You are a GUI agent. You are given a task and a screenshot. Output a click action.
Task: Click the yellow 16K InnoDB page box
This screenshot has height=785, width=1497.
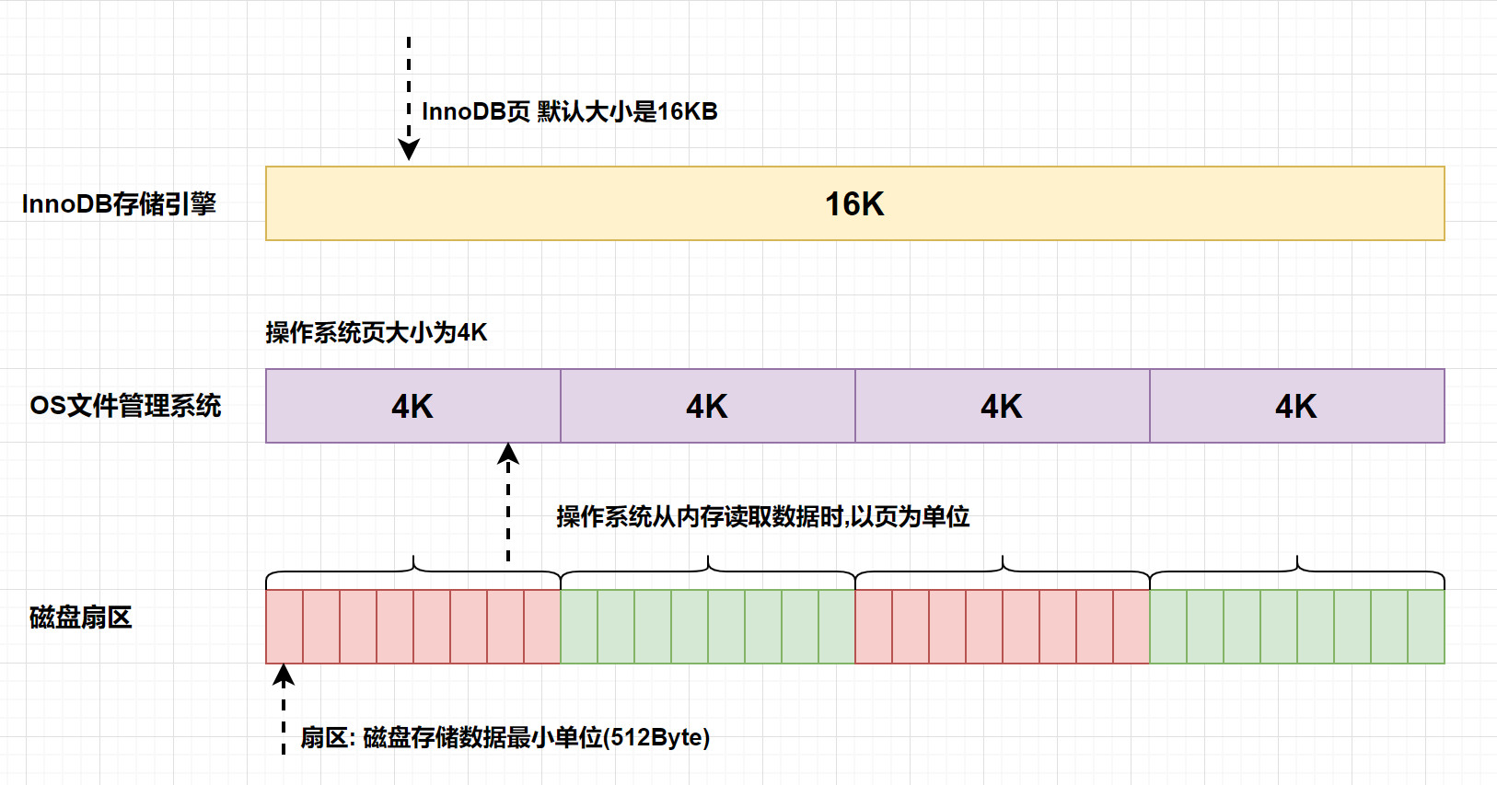pyautogui.click(x=854, y=203)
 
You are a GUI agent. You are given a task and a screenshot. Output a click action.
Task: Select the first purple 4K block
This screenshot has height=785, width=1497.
pyautogui.click(x=412, y=406)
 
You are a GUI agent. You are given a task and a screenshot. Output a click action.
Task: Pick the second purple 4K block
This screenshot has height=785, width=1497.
pyautogui.click(x=707, y=406)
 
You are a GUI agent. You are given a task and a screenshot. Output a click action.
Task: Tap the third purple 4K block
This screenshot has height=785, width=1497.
pyautogui.click(x=1002, y=406)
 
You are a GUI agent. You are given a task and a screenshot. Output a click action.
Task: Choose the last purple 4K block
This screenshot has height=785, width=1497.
pyautogui.click(x=1296, y=406)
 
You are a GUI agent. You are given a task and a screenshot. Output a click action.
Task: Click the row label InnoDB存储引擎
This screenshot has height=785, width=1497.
pyautogui.click(x=119, y=203)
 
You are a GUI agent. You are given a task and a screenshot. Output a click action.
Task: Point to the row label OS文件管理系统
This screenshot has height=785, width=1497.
pyautogui.click(x=125, y=406)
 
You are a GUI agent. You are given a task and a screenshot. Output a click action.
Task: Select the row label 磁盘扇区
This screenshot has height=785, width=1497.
pyautogui.click(x=81, y=618)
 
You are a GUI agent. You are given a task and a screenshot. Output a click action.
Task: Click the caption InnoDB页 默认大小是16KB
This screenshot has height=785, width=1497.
pyautogui.click(x=569, y=111)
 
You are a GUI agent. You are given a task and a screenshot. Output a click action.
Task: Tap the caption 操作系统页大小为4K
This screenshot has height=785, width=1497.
pyautogui.click(x=376, y=332)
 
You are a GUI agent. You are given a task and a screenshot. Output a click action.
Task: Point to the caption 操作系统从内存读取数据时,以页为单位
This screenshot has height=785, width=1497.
pyautogui.click(x=762, y=517)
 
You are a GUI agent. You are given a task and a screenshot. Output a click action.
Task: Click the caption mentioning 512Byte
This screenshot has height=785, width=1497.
pyautogui.click(x=505, y=737)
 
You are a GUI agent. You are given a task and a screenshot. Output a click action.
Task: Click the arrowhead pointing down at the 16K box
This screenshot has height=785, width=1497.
pyautogui.click(x=409, y=150)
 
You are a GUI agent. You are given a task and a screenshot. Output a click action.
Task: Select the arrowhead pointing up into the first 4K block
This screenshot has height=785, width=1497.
pyautogui.click(x=508, y=454)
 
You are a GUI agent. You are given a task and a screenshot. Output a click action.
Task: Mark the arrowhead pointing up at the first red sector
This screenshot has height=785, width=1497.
pyautogui.click(x=284, y=676)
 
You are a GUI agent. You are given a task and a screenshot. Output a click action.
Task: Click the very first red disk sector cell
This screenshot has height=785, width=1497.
pyautogui.click(x=284, y=627)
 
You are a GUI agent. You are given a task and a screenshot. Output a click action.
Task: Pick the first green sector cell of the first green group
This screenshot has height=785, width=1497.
pyautogui.click(x=579, y=627)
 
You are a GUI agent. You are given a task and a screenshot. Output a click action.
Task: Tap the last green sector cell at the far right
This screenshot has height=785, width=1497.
pyautogui.click(x=1426, y=627)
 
